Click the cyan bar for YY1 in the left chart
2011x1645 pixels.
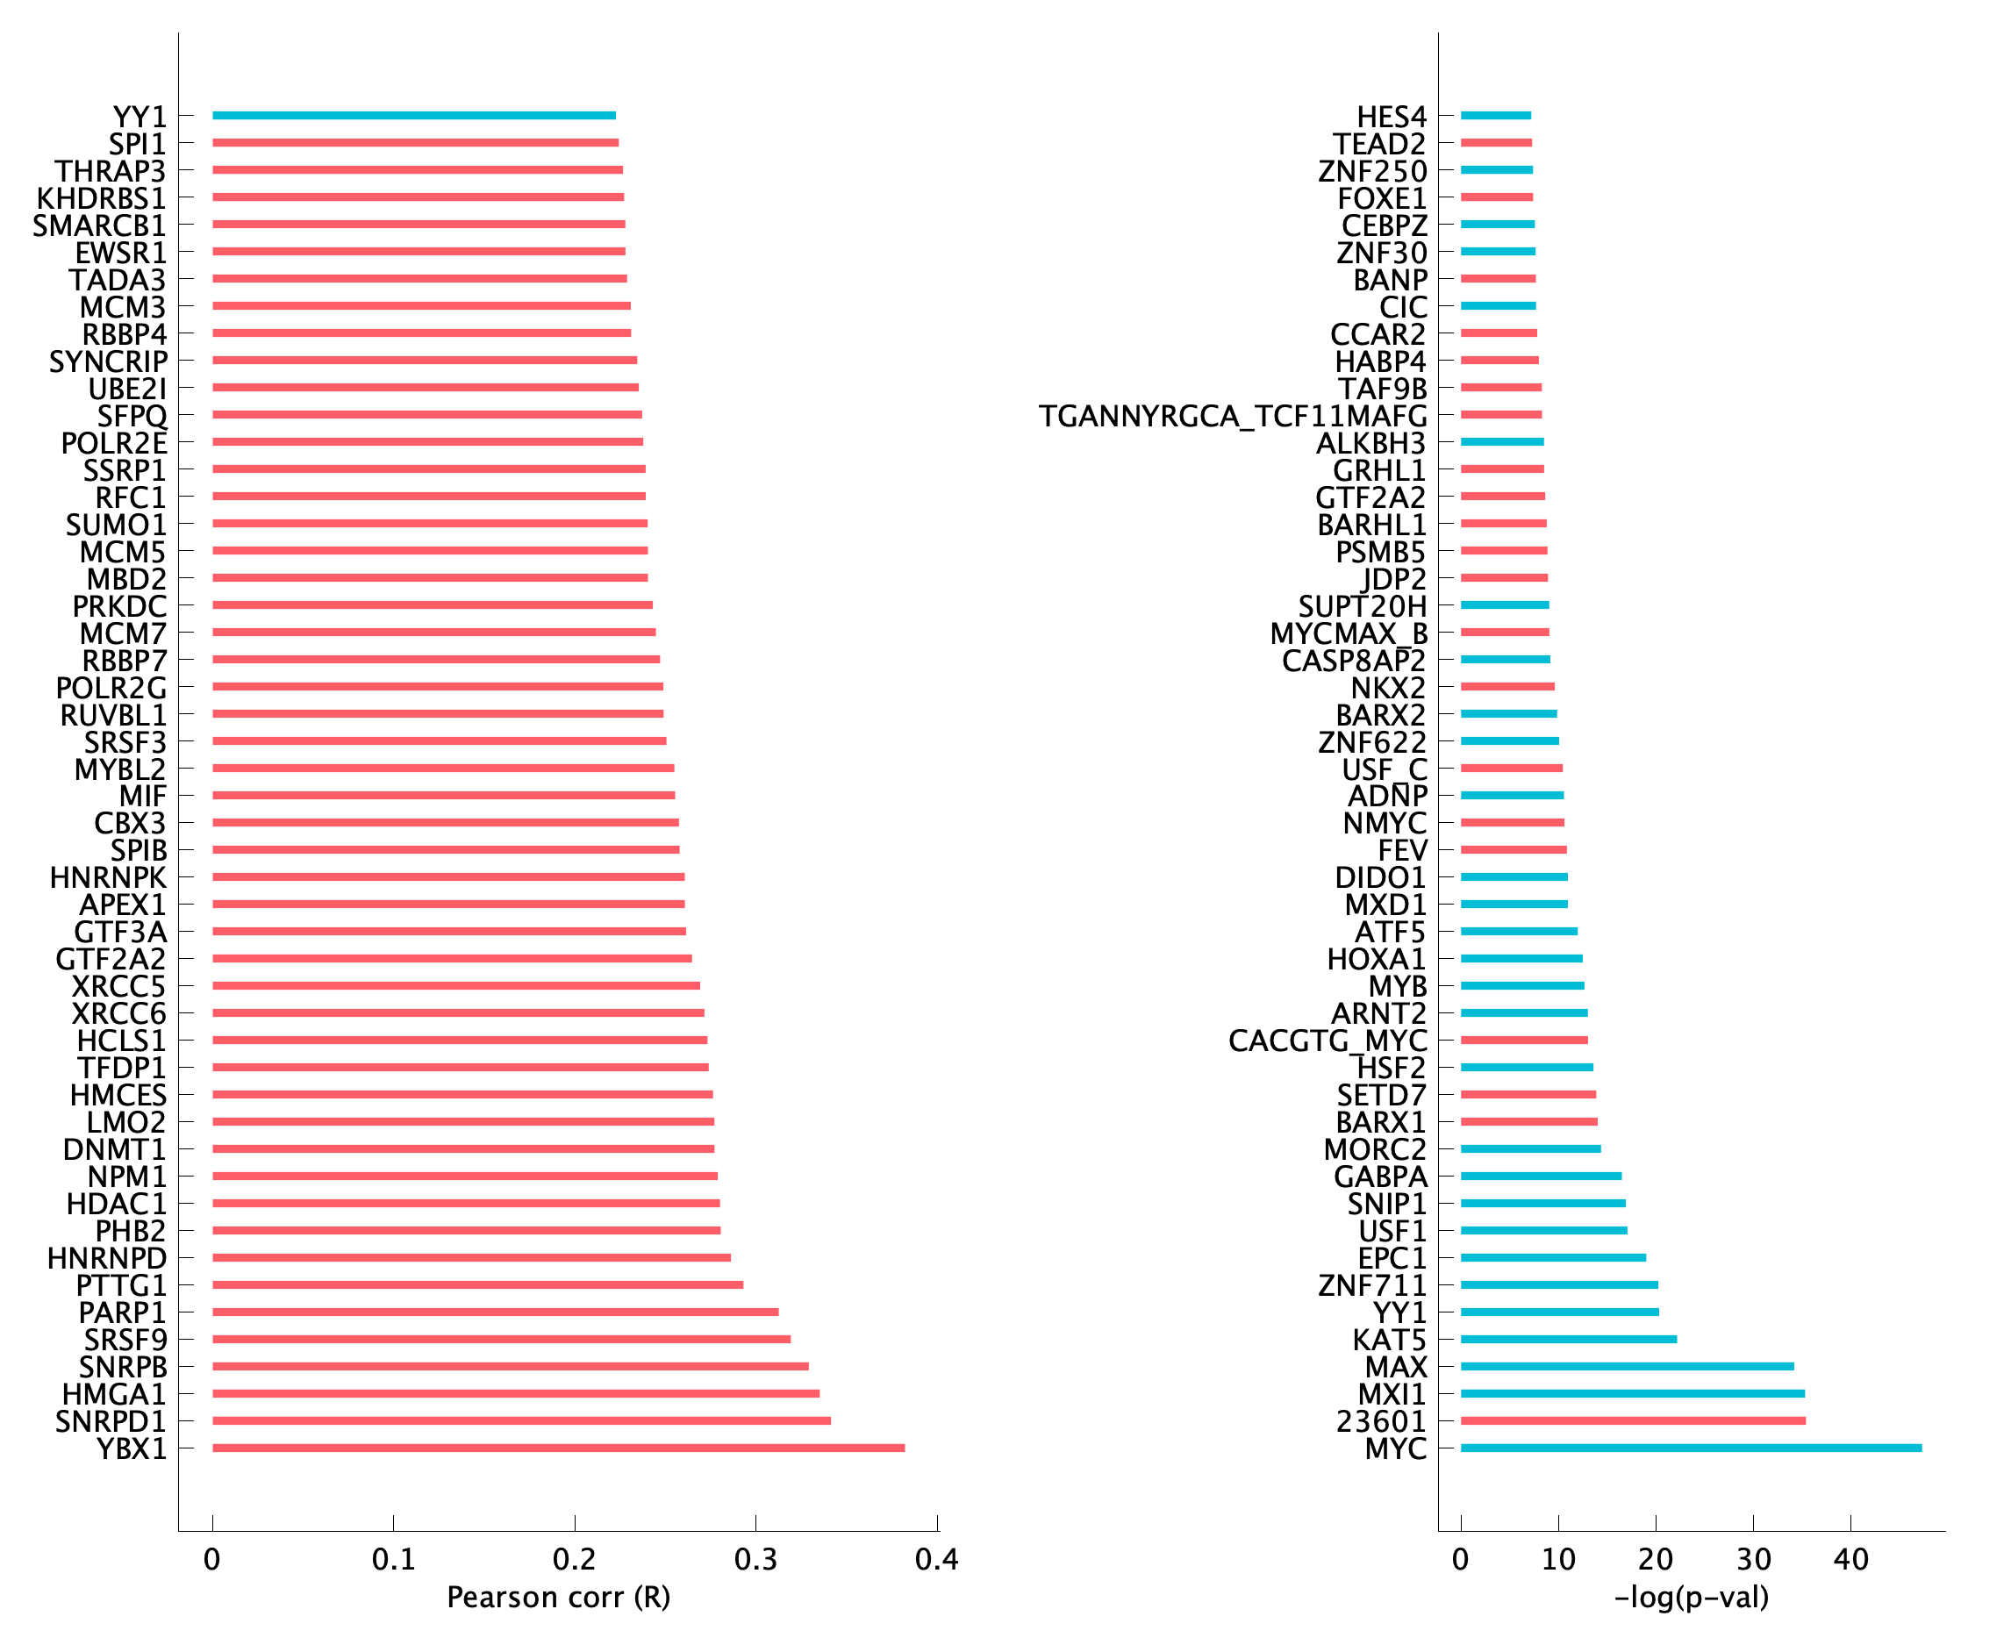(x=413, y=116)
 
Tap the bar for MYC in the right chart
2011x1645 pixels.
(x=1691, y=1448)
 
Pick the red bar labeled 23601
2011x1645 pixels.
(x=1632, y=1420)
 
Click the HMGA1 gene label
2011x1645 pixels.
(x=114, y=1394)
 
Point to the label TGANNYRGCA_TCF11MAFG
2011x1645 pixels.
(x=1232, y=416)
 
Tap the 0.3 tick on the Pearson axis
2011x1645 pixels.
(x=755, y=1559)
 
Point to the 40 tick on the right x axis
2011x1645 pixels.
(x=1850, y=1559)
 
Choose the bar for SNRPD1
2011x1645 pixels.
(x=521, y=1420)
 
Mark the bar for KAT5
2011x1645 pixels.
(x=1568, y=1339)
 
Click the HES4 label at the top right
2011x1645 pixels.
(x=1391, y=117)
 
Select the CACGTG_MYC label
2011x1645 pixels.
(x=1327, y=1041)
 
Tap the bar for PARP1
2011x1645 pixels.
(x=495, y=1312)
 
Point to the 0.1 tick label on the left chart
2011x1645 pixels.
(x=393, y=1559)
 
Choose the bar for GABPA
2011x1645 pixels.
(x=1540, y=1176)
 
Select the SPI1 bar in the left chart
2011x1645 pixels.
(x=415, y=143)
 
